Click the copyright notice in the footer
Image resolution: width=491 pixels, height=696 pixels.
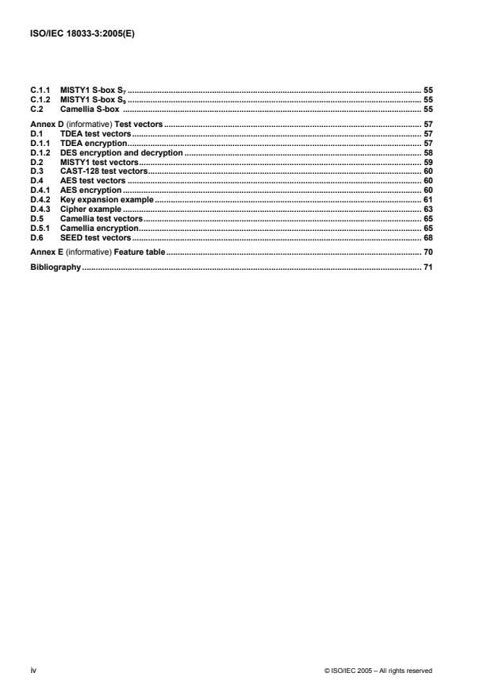coord(378,671)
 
